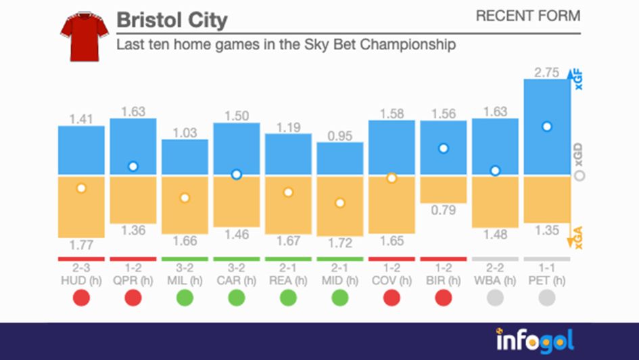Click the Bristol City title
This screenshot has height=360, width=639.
point(172,20)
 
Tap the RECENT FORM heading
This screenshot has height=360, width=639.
point(527,16)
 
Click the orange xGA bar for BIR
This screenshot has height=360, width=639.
point(443,190)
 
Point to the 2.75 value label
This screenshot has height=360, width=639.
point(547,72)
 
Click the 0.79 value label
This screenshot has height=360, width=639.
point(443,210)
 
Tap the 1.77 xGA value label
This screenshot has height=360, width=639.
point(81,245)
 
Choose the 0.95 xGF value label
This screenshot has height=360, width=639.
point(339,135)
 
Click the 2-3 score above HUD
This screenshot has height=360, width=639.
point(81,267)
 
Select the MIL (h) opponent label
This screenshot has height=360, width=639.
point(185,280)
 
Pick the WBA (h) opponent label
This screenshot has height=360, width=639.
point(495,280)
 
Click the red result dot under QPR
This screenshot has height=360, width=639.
point(133,298)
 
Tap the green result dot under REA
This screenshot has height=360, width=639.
point(288,298)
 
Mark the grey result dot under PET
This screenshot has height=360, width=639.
point(547,298)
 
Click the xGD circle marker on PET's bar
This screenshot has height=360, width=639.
point(547,127)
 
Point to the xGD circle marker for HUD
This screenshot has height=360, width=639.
point(81,188)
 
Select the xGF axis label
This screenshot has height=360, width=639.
point(577,80)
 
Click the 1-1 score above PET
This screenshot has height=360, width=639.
point(547,267)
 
